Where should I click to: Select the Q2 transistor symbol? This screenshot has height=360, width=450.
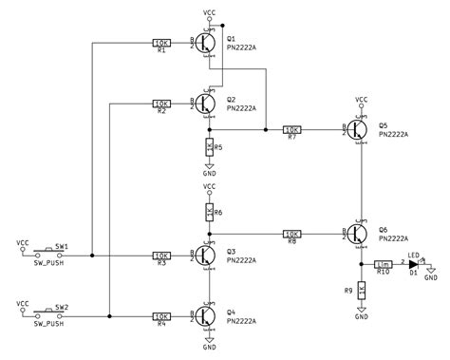pyautogui.click(x=206, y=104)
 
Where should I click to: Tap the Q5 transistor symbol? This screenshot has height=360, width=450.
pyautogui.click(x=358, y=129)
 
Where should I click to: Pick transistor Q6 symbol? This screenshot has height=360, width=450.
pyautogui.click(x=358, y=232)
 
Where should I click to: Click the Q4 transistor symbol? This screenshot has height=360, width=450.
pyautogui.click(x=206, y=314)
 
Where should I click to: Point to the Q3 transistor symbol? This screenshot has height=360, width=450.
pyautogui.click(x=206, y=255)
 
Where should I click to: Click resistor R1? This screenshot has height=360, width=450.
pyautogui.click(x=161, y=43)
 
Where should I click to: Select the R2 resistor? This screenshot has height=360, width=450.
pyautogui.click(x=161, y=104)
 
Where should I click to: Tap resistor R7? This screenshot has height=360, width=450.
pyautogui.click(x=292, y=129)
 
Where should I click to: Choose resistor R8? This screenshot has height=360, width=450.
pyautogui.click(x=292, y=232)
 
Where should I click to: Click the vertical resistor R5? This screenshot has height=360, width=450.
pyautogui.click(x=208, y=147)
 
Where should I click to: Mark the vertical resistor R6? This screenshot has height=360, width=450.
pyautogui.click(x=208, y=213)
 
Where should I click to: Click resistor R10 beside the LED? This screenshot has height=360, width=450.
pyautogui.click(x=384, y=264)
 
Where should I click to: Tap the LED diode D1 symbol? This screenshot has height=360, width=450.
pyautogui.click(x=414, y=264)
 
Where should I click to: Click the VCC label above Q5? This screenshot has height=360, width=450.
pyautogui.click(x=361, y=99)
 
